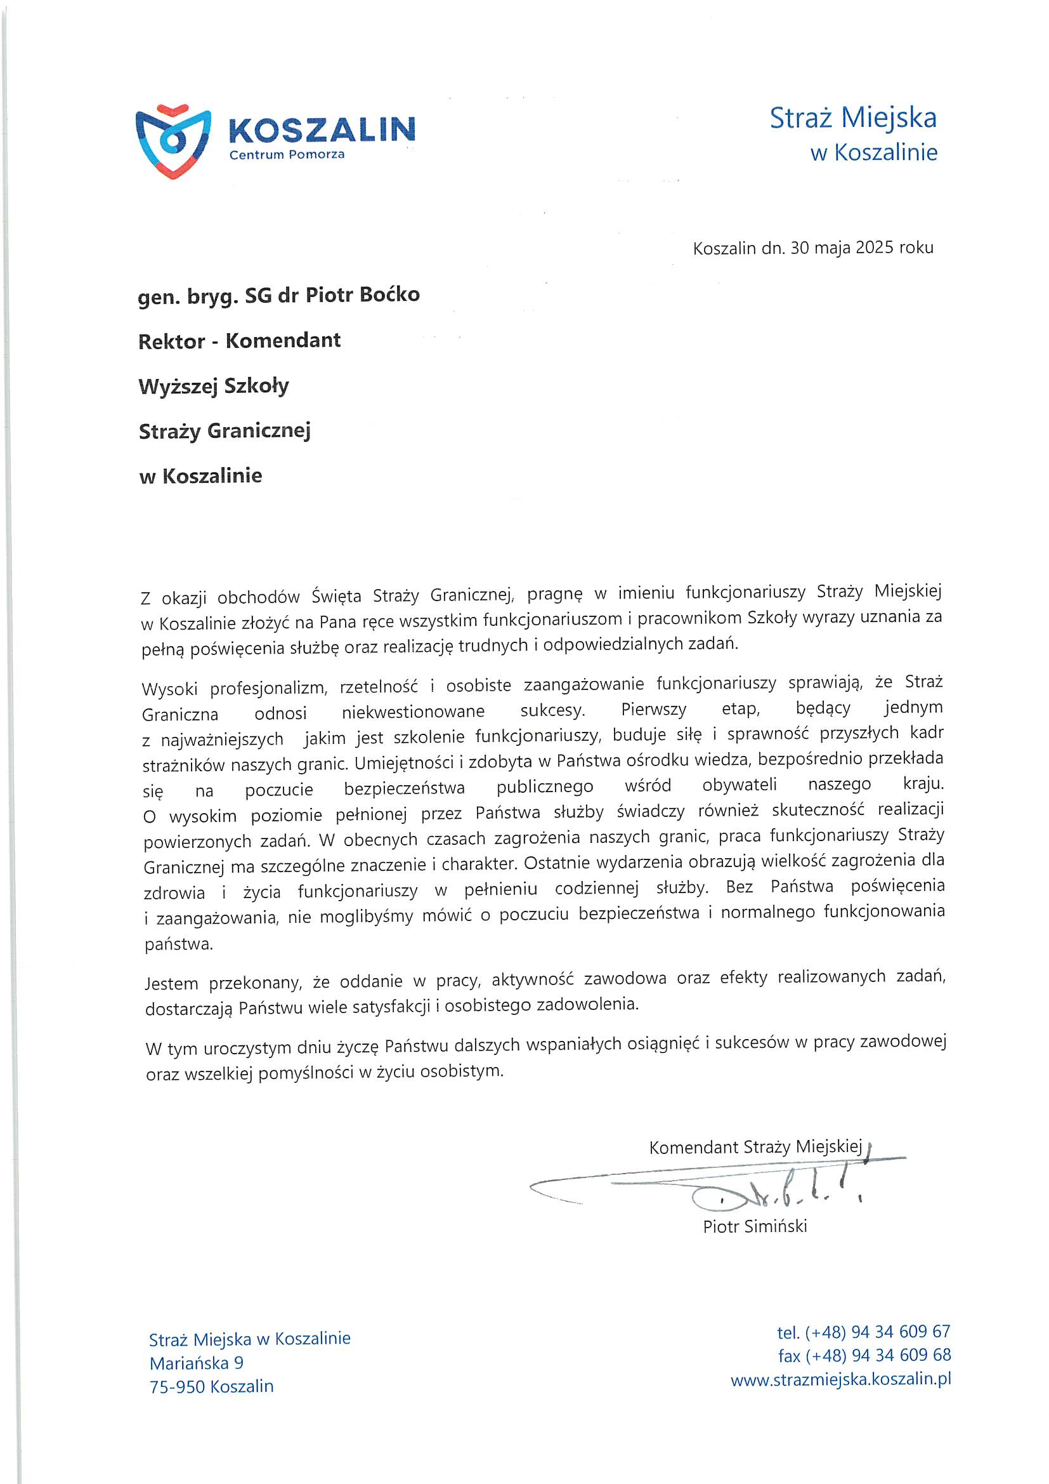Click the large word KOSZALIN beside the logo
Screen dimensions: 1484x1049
coord(322,130)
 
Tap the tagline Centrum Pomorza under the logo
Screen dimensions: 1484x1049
coord(287,155)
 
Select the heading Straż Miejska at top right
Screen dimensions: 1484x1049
coord(852,118)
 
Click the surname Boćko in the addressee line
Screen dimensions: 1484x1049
coord(389,295)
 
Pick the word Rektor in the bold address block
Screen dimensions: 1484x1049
coord(171,341)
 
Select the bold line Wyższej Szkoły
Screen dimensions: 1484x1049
coord(214,387)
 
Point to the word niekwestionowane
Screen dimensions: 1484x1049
coord(413,712)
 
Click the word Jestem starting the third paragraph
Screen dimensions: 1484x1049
coord(171,984)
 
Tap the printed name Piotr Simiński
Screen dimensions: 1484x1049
coord(755,1227)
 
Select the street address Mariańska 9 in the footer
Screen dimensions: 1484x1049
coord(197,1363)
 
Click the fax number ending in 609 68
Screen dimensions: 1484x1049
coord(864,1355)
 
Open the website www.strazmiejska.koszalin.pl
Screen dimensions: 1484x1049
coord(841,1379)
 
